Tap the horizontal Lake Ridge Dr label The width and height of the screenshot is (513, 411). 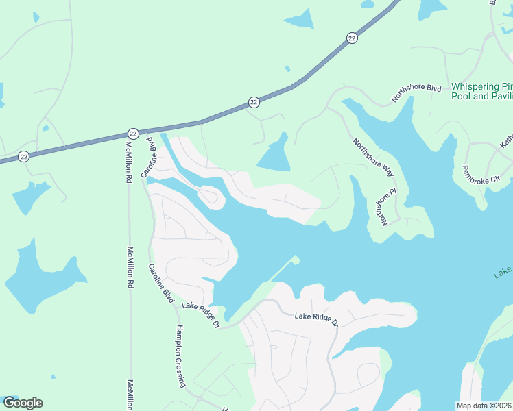point(317,318)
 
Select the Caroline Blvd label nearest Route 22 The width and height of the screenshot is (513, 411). point(150,157)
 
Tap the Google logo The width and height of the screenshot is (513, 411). point(23,403)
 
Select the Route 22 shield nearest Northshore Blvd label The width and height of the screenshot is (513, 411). point(352,38)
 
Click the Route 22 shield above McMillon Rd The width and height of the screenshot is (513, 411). point(133,134)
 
